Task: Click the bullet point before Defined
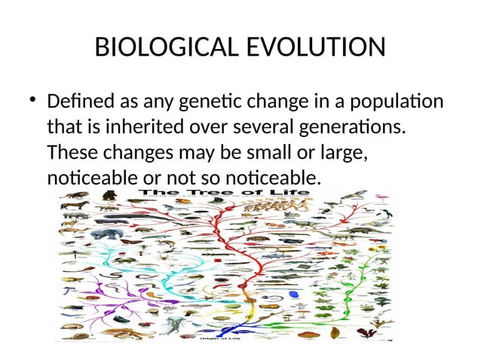(x=33, y=100)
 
